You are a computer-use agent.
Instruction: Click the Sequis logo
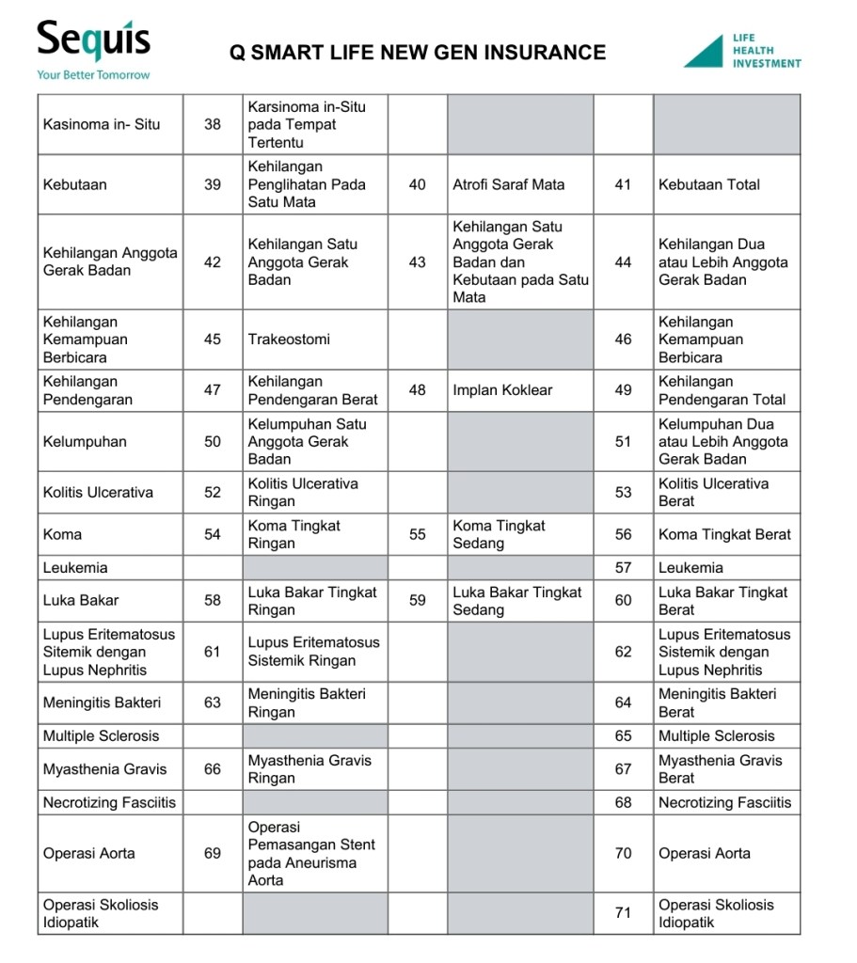coord(93,42)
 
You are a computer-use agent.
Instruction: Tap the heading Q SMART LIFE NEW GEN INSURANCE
coord(418,53)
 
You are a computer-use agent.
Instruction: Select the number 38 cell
coord(213,124)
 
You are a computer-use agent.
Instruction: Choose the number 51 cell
coord(623,441)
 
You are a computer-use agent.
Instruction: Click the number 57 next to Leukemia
coord(623,568)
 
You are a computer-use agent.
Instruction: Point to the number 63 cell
coord(213,703)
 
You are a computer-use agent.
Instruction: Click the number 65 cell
coord(623,736)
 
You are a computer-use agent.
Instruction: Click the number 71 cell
coord(623,913)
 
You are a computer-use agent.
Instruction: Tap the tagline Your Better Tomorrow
coord(93,74)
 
